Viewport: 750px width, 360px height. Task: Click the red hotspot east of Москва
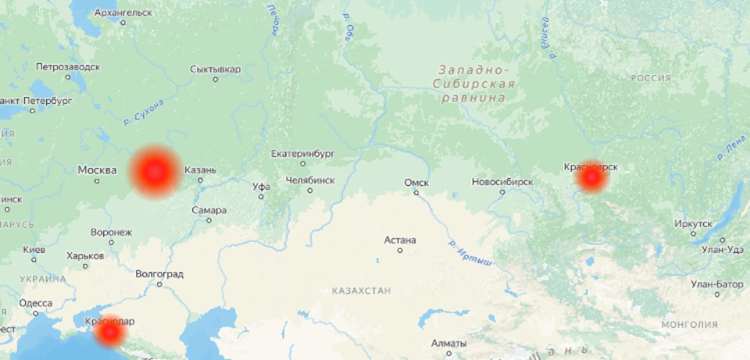pos(155,171)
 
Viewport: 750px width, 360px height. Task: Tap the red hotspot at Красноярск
pos(591,179)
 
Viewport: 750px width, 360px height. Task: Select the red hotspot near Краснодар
pos(110,333)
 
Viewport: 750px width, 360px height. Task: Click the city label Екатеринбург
pos(301,154)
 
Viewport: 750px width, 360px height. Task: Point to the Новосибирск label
pos(502,182)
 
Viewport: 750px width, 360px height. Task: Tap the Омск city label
pos(416,182)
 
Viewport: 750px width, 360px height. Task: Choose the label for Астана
pos(400,240)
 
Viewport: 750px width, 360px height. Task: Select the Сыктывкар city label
pos(215,70)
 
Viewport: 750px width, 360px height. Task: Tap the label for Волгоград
pos(159,274)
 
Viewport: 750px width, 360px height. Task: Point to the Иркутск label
pos(695,223)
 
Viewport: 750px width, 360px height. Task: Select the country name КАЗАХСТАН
pos(360,290)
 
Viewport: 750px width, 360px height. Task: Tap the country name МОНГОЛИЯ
pos(688,324)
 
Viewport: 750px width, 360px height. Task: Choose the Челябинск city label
pos(310,180)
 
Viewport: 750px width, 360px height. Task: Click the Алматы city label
pos(448,344)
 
